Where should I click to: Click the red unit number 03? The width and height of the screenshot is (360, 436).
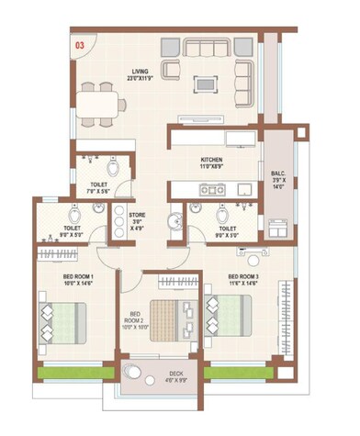point(80,43)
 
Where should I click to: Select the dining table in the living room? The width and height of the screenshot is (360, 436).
point(100,103)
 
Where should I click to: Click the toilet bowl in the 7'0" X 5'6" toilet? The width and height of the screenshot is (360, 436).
point(113,169)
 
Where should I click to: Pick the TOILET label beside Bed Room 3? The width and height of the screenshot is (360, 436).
point(227,230)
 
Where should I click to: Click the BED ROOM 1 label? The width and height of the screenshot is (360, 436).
point(69,278)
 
